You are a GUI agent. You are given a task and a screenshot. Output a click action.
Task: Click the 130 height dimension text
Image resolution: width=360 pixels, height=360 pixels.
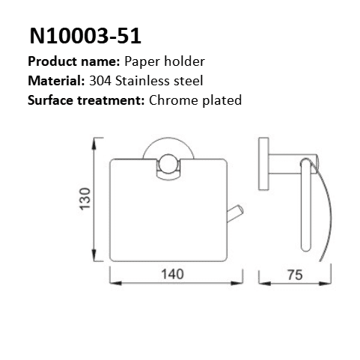[87, 199]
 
